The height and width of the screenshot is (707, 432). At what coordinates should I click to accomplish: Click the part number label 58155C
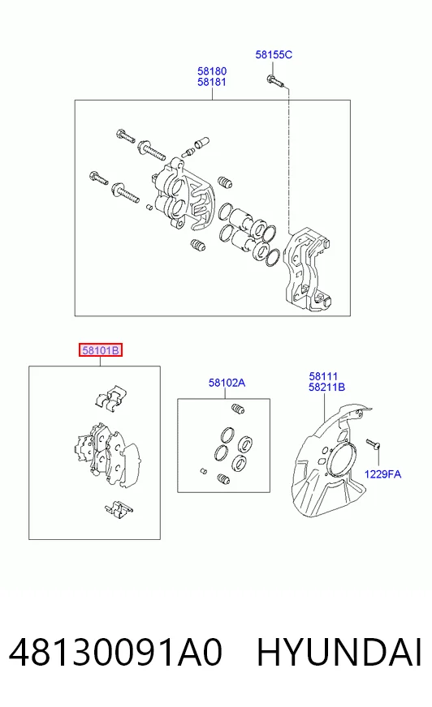pos(274,54)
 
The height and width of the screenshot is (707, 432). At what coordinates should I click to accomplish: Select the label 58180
pos(212,71)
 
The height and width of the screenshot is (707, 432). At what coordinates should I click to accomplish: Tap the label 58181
pos(212,82)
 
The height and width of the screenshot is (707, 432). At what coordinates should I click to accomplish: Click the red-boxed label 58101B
pos(101,350)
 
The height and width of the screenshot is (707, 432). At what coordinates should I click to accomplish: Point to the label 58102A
pos(227,383)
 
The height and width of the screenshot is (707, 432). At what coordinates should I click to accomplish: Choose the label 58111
pos(323,376)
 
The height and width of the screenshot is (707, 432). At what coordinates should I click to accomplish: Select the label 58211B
pos(326,387)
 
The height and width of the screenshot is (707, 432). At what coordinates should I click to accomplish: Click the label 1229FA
pos(382,473)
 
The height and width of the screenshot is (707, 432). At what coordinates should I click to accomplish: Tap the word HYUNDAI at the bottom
pos(339,652)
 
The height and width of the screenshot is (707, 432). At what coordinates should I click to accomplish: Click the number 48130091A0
pos(115,652)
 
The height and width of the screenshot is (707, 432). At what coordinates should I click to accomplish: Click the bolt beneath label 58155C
pos(274,81)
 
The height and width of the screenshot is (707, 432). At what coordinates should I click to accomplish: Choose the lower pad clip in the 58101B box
pos(118,508)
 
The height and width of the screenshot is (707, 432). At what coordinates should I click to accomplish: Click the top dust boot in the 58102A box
pos(238,409)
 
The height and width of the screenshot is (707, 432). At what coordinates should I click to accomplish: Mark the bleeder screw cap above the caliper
pos(200,142)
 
